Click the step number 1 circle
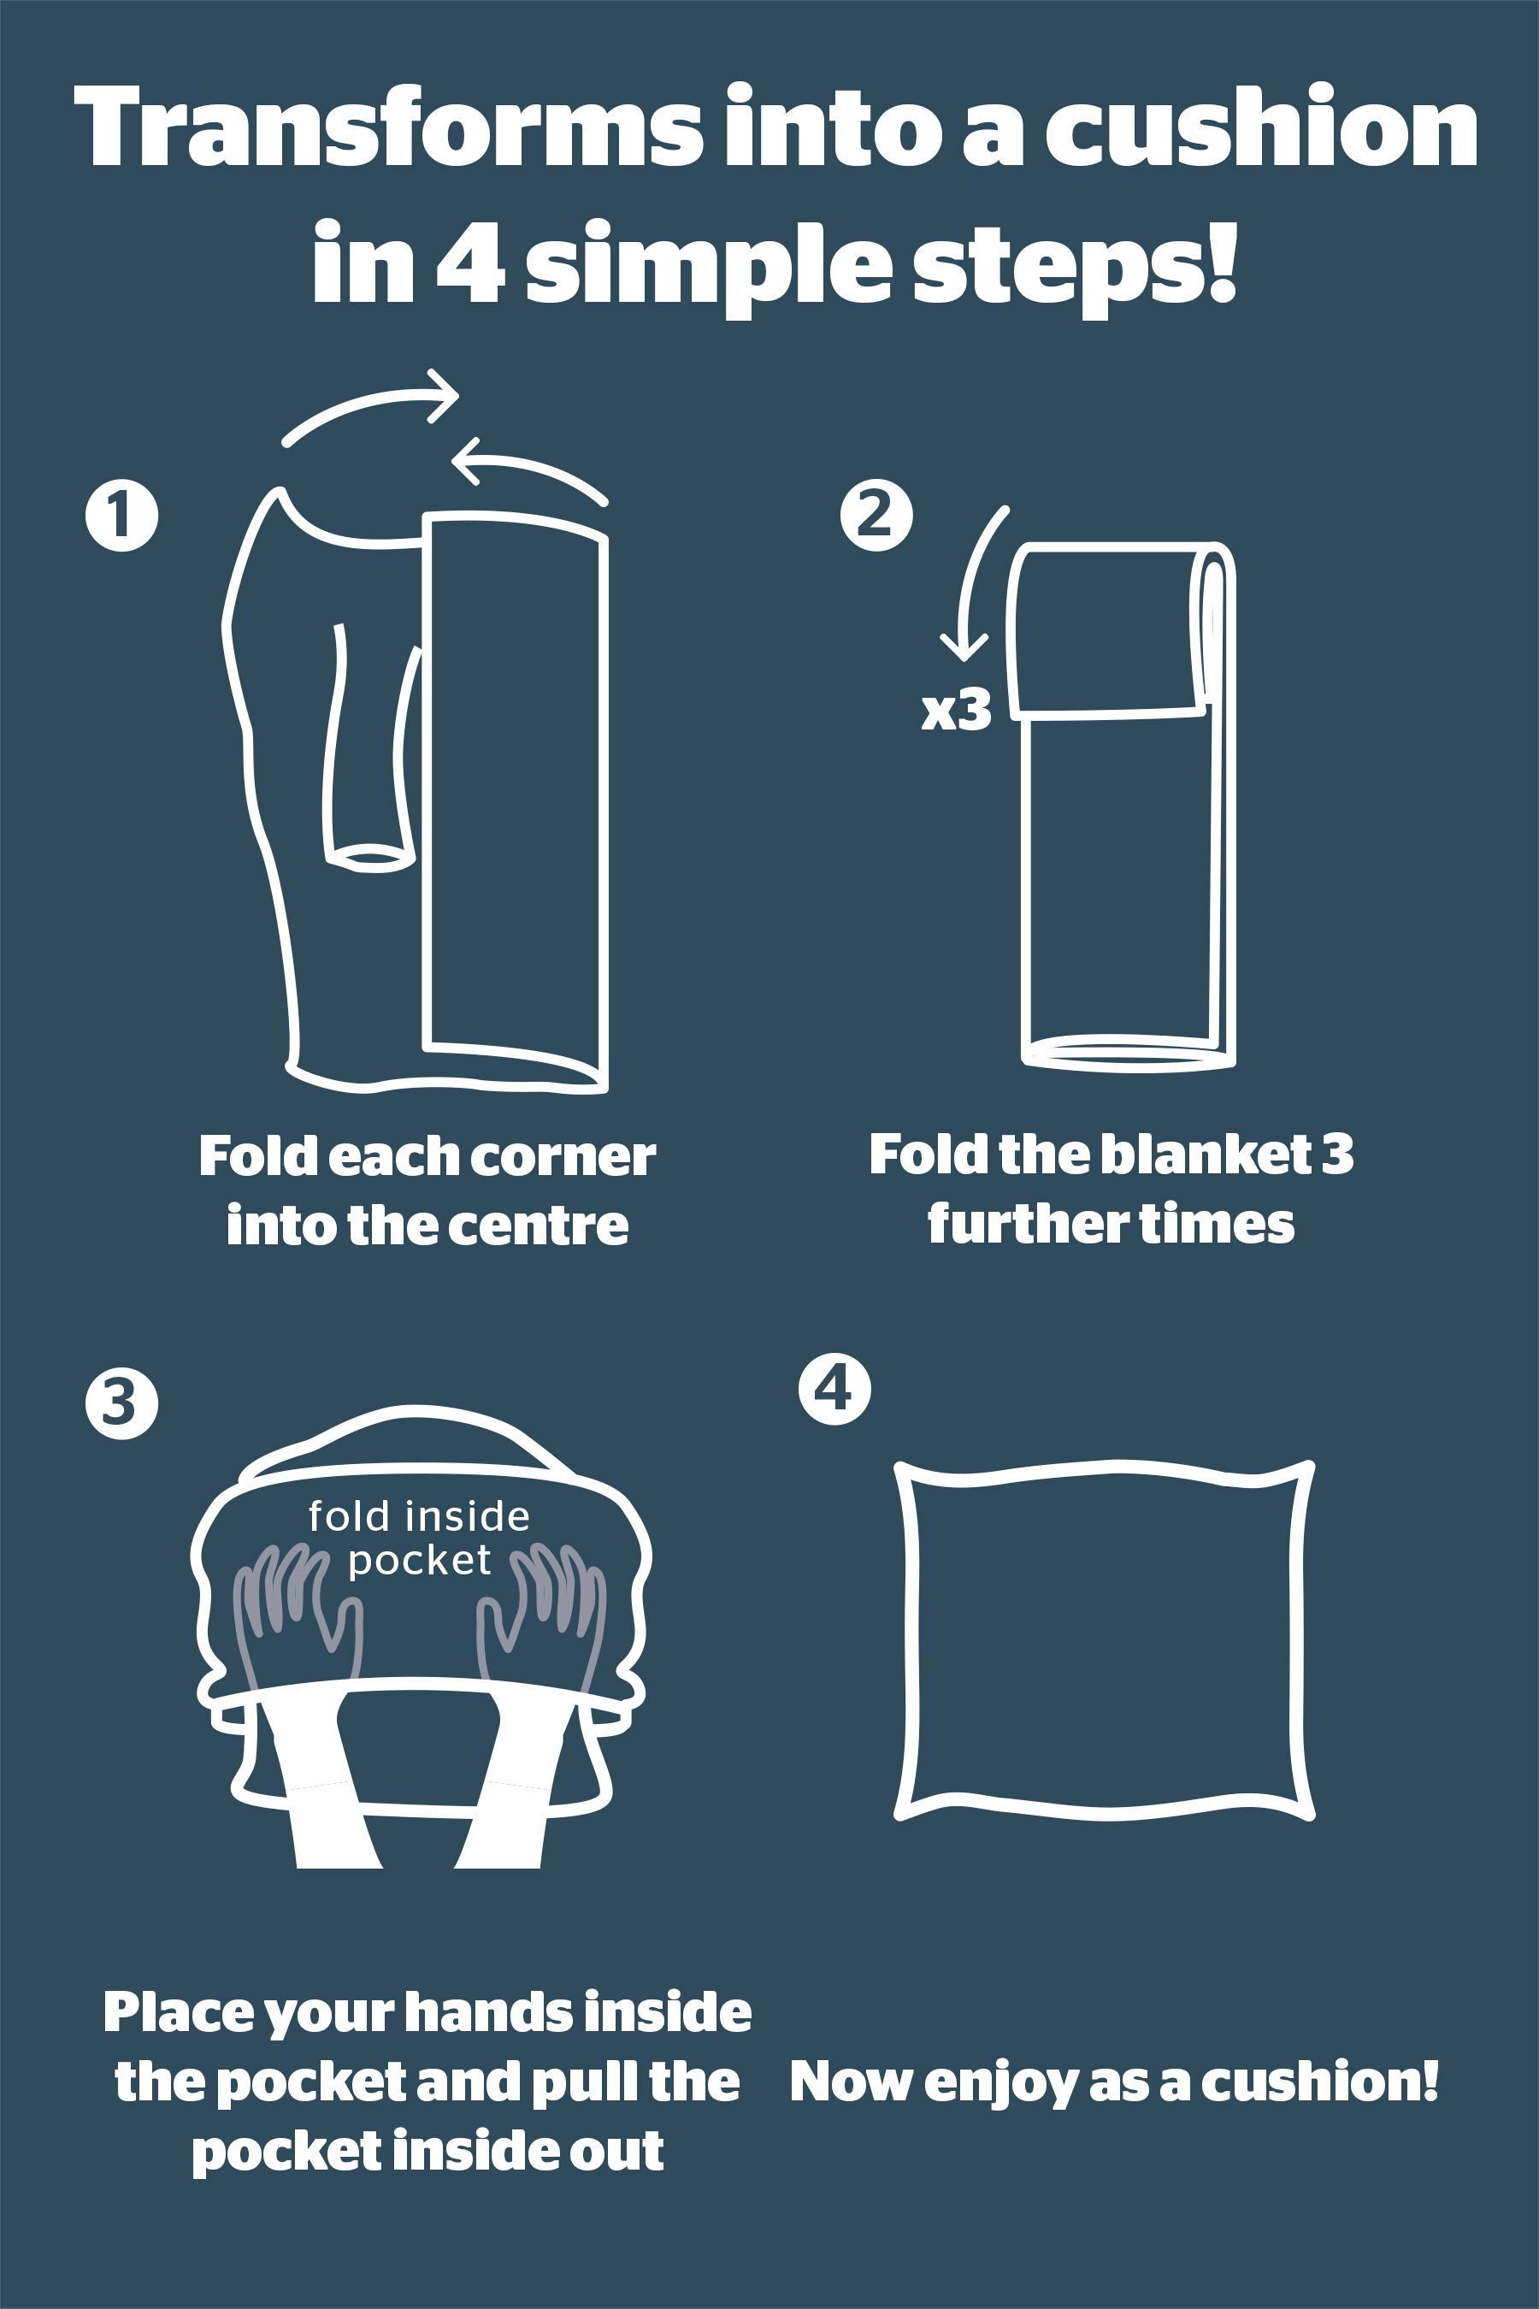[x=121, y=516]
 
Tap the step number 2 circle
[x=876, y=516]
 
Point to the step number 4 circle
[x=834, y=1389]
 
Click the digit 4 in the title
[x=470, y=263]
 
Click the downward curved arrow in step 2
[x=971, y=589]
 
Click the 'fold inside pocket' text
[x=419, y=1538]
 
